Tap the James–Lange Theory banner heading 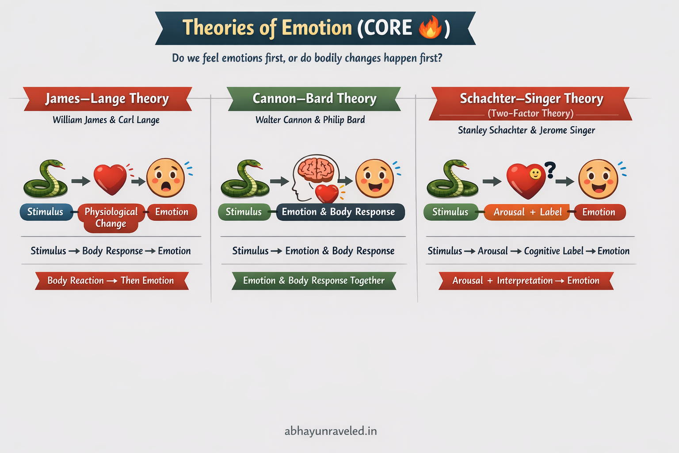click(x=107, y=99)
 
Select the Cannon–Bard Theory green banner click(x=314, y=99)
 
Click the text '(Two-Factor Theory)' click(x=530, y=113)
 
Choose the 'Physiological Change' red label click(x=111, y=217)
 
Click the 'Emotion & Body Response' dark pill click(x=338, y=212)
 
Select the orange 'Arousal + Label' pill click(x=527, y=212)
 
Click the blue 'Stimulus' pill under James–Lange click(x=46, y=212)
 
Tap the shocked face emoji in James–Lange click(x=166, y=178)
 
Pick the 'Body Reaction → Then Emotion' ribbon click(x=111, y=280)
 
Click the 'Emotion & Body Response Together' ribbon click(x=314, y=280)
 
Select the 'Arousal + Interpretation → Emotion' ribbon click(x=526, y=280)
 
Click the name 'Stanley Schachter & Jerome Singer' click(x=526, y=130)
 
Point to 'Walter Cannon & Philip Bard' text click(x=310, y=120)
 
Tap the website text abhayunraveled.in click(x=331, y=431)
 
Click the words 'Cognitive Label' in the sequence click(x=553, y=251)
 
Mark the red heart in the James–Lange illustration click(x=110, y=179)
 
